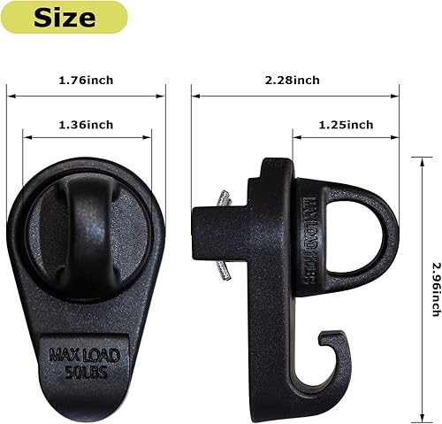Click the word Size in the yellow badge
pyautogui.click(x=65, y=17)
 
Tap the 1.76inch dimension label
pyautogui.click(x=86, y=81)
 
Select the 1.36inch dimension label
pyautogui.click(x=86, y=125)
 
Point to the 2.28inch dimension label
pyautogui.click(x=293, y=81)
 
